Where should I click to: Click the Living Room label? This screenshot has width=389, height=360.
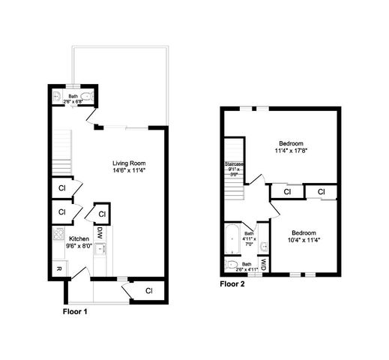pyautogui.click(x=128, y=163)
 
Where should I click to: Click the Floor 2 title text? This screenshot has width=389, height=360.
pyautogui.click(x=233, y=284)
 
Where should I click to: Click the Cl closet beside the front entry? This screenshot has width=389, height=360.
pyautogui.click(x=148, y=289)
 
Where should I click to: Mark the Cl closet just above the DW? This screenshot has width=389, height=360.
pyautogui.click(x=101, y=214)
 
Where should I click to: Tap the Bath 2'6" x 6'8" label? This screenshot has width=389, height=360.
pyautogui.click(x=73, y=98)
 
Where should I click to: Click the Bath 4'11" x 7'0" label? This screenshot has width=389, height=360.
pyautogui.click(x=250, y=238)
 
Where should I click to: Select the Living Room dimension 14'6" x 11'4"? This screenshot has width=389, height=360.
pyautogui.click(x=128, y=170)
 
